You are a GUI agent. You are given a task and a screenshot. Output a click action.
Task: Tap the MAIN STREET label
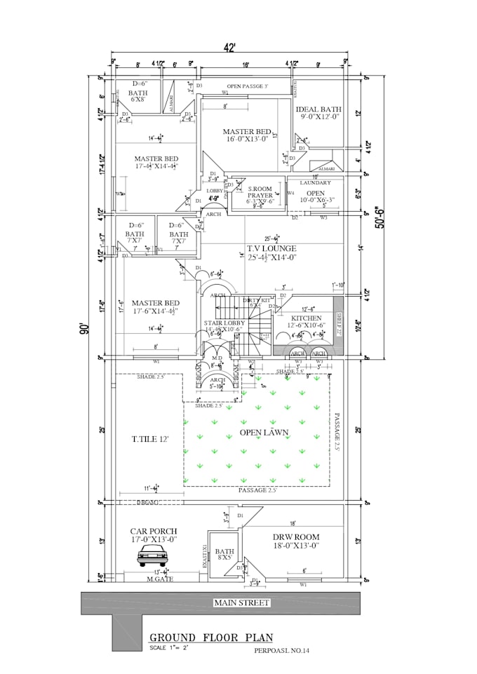point(241,602)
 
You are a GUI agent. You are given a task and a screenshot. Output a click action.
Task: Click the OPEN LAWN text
point(264,433)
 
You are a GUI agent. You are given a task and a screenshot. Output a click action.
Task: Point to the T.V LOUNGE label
point(271,248)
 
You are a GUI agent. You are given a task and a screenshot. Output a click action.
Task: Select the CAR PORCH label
point(154,531)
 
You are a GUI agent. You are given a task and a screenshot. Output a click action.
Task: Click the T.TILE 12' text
point(150,439)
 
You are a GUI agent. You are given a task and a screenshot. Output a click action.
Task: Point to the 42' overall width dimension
point(229,49)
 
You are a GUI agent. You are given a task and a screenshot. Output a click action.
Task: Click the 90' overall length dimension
point(83,328)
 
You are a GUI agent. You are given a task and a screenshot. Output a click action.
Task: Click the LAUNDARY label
point(315,183)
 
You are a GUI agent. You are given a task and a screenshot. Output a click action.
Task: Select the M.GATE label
point(159,579)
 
